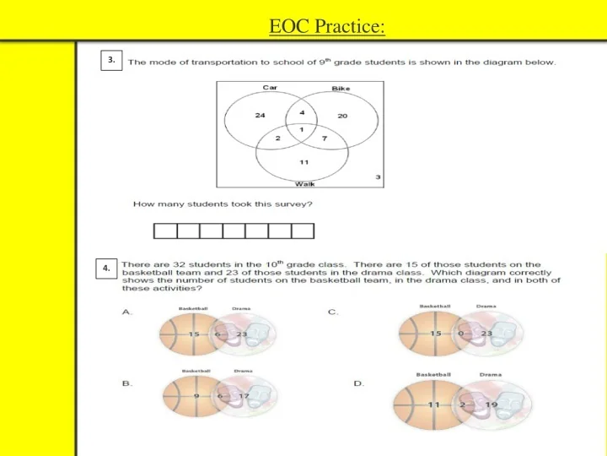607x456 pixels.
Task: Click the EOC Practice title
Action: pos(327,27)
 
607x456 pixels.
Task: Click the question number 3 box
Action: pos(110,60)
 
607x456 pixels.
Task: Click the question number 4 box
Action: pos(106,268)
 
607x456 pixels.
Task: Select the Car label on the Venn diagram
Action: pos(270,87)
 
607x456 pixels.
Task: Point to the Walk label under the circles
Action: pos(303,182)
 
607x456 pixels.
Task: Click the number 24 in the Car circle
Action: pos(260,115)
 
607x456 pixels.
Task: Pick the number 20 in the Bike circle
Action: pos(342,116)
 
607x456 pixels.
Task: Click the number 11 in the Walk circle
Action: pos(303,161)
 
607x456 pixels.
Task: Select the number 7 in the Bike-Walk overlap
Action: pos(325,138)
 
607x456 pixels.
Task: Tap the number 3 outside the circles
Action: pos(378,176)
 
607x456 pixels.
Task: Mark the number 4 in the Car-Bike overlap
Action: pos(302,112)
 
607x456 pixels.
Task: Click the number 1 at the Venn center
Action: pos(302,129)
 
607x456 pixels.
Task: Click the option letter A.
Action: pos(127,312)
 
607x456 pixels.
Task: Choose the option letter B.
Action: pos(127,383)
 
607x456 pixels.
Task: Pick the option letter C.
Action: pos(333,312)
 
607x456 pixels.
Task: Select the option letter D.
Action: pos(358,383)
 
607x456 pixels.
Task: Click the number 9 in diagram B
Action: pos(196,395)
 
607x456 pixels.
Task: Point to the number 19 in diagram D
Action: pos(492,405)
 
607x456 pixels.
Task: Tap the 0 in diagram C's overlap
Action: pos(461,334)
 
